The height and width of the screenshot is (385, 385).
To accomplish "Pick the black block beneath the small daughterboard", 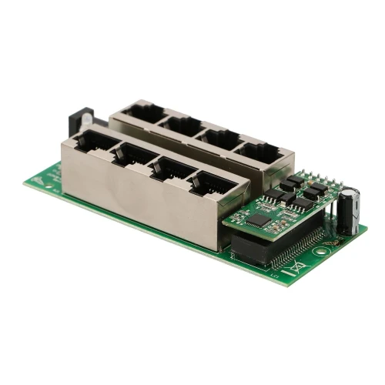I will [x=250, y=248].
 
